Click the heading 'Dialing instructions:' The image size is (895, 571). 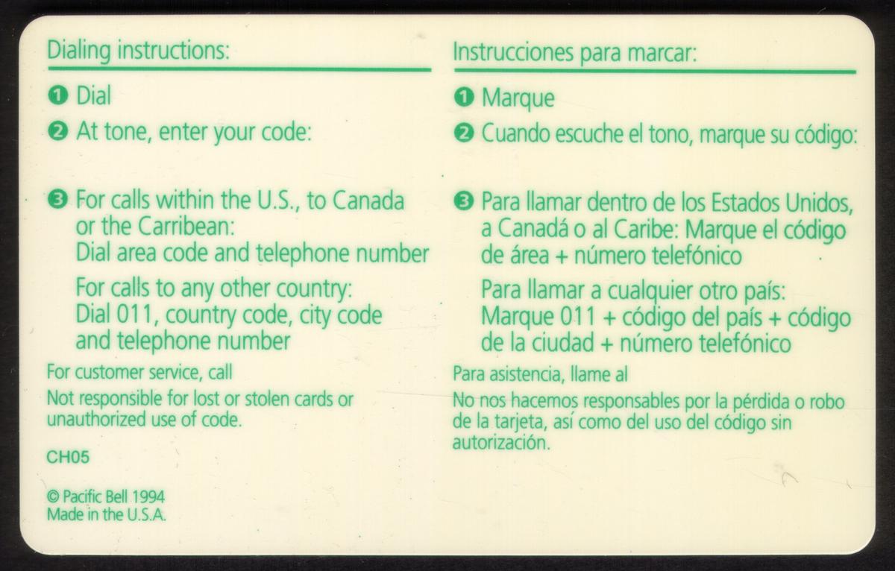pos(138,51)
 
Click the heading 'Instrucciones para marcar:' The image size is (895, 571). pos(574,53)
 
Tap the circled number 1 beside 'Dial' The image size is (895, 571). pos(57,96)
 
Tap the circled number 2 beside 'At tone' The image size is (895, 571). pos(57,132)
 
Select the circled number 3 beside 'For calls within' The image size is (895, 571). pos(57,200)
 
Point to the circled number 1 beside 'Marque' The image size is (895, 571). pos(464,98)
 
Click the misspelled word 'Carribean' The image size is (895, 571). pos(186,227)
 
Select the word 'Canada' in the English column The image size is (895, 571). pos(368,201)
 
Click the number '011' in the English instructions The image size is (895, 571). pos(135,315)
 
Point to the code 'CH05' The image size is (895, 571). pos(68,457)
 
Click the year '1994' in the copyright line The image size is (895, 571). pos(148,496)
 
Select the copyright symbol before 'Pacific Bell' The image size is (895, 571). pos(53,497)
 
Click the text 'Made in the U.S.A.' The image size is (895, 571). pos(106,514)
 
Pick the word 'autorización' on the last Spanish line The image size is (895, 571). pos(501,443)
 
